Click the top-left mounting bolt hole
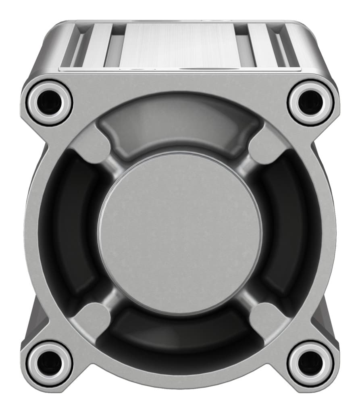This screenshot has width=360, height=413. pyautogui.click(x=49, y=102)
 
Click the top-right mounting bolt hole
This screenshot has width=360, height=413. pyautogui.click(x=310, y=102)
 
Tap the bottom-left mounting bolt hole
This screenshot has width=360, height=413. pyautogui.click(x=49, y=362)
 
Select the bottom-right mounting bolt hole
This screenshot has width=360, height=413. pyautogui.click(x=310, y=362)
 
